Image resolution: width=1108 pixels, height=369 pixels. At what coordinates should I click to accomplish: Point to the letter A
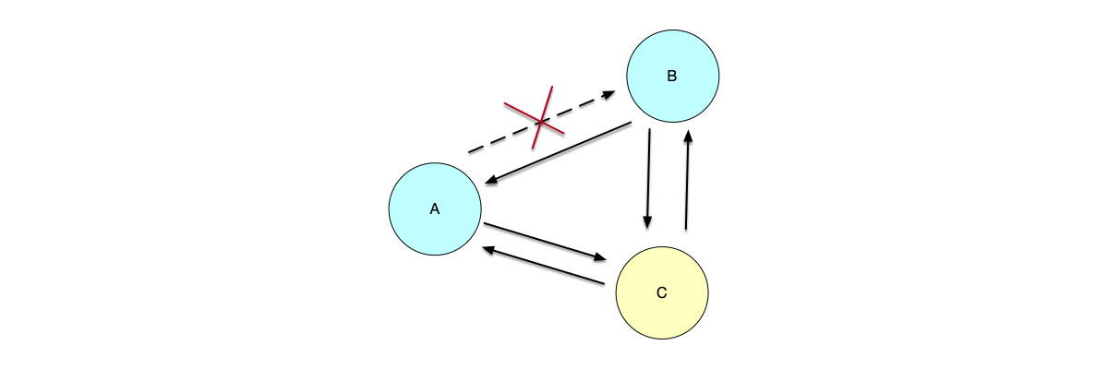[x=434, y=209]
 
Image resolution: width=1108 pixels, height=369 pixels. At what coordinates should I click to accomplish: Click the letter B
[x=672, y=76]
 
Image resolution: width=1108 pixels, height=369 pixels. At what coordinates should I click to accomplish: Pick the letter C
[x=661, y=293]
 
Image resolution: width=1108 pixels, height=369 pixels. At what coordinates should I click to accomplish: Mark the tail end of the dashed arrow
[x=470, y=152]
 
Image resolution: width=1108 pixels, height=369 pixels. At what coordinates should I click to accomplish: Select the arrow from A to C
[x=545, y=241]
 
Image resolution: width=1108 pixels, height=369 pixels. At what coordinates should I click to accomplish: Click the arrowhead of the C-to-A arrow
[x=486, y=248]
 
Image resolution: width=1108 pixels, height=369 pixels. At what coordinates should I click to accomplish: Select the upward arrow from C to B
[x=687, y=180]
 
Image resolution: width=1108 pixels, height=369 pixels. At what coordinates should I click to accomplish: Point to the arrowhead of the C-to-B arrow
[x=688, y=135]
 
